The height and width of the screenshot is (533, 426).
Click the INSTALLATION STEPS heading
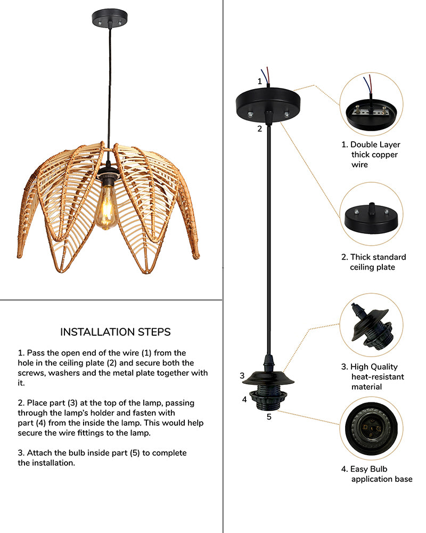[x=115, y=332]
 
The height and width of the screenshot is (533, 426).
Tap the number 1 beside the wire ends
[x=260, y=82]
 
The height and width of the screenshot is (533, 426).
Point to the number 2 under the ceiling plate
[x=260, y=128]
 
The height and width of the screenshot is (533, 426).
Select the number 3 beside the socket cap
[x=242, y=376]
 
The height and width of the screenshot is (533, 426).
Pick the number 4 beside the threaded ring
[x=244, y=399]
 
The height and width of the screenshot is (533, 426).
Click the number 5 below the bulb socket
[x=269, y=417]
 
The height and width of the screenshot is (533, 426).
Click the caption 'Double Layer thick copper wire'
[x=371, y=155]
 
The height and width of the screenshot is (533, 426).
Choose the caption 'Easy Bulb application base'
[x=376, y=474]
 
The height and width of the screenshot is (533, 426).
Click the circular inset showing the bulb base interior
[x=372, y=429]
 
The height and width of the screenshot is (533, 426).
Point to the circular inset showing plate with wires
[x=372, y=104]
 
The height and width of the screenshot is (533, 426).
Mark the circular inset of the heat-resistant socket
[x=372, y=326]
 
